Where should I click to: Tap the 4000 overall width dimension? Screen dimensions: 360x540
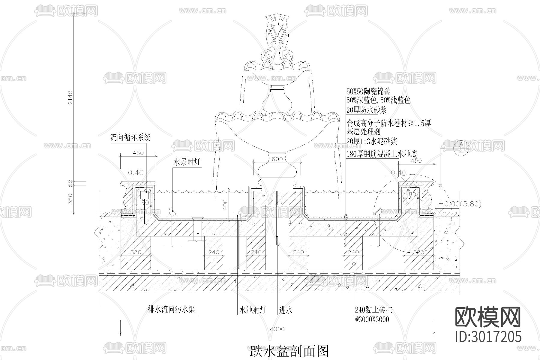277,329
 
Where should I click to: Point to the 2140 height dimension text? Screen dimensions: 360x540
70,97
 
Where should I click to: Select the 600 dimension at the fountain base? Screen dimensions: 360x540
277,159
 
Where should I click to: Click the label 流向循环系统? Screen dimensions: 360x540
130,138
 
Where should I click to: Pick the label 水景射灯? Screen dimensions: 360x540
187,162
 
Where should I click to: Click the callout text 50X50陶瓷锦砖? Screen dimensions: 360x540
368,91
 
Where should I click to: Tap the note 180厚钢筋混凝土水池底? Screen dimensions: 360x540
382,154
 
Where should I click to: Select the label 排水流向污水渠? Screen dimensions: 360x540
171,309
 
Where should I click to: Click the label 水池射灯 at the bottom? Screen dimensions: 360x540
252,310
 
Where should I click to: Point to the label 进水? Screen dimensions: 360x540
285,310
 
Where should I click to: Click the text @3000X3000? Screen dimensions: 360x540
372,319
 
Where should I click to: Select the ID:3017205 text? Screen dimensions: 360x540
488,337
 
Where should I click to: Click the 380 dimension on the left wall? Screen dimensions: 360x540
136,252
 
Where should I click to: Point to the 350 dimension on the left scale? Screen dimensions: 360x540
70,199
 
